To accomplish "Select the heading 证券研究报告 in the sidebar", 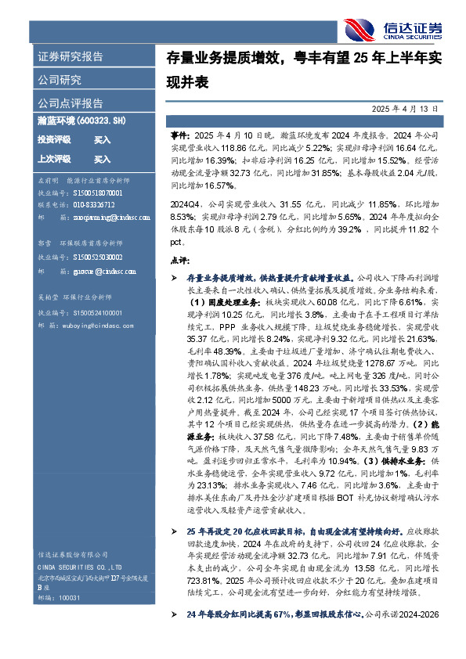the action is pos(70,57).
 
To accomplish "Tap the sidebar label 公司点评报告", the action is pos(70,103).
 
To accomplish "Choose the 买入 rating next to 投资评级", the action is pos(102,139).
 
